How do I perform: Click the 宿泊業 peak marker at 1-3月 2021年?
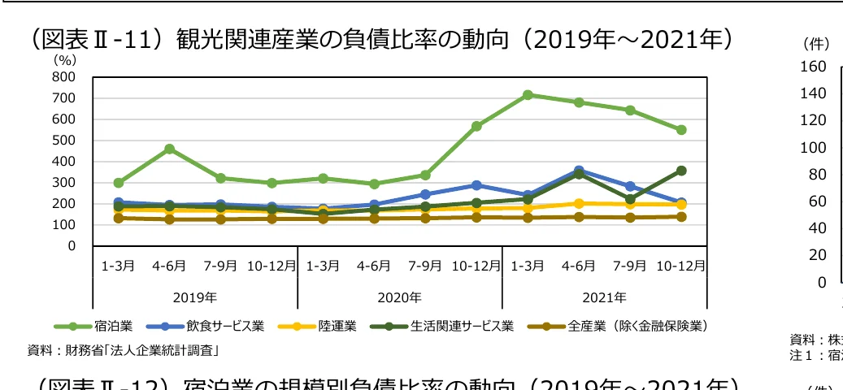tap(528, 95)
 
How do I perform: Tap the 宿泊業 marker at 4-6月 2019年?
tap(169, 149)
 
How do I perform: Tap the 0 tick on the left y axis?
tap(72, 246)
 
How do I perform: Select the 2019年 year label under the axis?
tap(195, 297)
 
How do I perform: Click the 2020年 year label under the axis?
tap(399, 297)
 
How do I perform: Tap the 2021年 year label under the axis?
tap(604, 297)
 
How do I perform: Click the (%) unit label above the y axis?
tap(64, 59)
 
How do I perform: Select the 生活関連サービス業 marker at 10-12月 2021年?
tap(681, 171)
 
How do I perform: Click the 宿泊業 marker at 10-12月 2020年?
tap(476, 126)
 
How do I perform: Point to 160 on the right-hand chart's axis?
tap(815, 66)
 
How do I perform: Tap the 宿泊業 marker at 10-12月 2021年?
tap(681, 130)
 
